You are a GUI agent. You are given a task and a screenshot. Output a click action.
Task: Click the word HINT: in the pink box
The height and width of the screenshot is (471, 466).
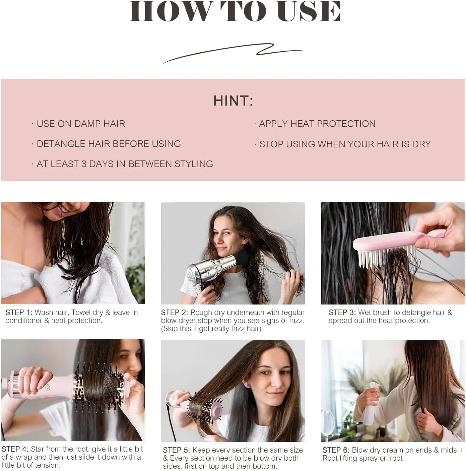pyautogui.click(x=233, y=101)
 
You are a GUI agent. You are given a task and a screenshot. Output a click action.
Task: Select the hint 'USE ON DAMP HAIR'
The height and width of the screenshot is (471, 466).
pyautogui.click(x=81, y=124)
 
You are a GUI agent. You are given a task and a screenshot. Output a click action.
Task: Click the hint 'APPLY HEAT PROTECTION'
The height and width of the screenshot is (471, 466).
pyautogui.click(x=317, y=124)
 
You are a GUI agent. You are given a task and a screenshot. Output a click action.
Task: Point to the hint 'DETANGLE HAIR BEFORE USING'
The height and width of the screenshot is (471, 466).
pyautogui.click(x=109, y=144)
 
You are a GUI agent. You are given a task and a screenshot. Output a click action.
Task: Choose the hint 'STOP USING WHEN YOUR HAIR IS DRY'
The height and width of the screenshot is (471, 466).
pyautogui.click(x=345, y=144)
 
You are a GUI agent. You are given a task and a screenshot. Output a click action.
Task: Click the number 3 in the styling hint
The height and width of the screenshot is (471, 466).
pyautogui.click(x=84, y=164)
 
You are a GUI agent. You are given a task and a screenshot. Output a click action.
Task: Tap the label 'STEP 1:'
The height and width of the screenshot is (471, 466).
pyautogui.click(x=19, y=312)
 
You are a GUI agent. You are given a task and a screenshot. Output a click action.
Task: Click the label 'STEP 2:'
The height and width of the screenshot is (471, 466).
pyautogui.click(x=174, y=312)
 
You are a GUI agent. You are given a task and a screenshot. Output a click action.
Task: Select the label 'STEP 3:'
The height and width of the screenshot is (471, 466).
pyautogui.click(x=342, y=312)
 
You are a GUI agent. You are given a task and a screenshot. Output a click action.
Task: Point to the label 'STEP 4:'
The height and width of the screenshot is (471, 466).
pyautogui.click(x=15, y=449)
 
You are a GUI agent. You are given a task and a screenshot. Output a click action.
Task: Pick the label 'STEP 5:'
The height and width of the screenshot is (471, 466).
pyautogui.click(x=176, y=450)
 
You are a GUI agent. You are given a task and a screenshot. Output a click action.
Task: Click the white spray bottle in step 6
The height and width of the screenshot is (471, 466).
pyautogui.click(x=371, y=403)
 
